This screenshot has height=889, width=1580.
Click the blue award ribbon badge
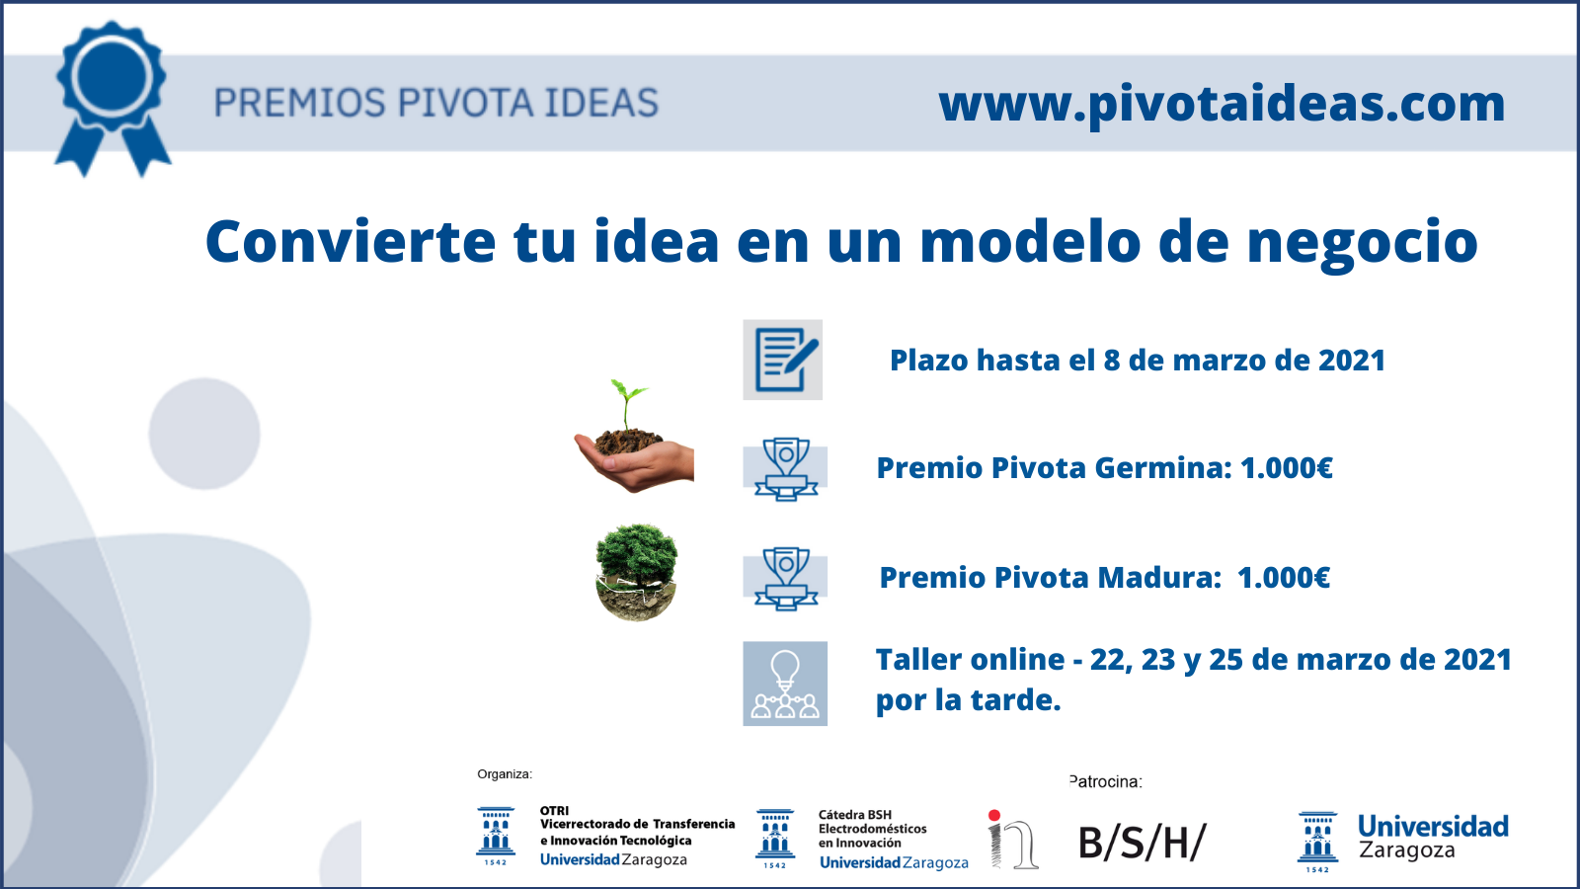point(113,98)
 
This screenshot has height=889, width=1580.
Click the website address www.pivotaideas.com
point(1222,105)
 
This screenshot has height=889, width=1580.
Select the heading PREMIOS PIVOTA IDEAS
point(435,103)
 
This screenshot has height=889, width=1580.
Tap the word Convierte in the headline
point(351,241)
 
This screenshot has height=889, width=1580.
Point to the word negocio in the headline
point(1362,245)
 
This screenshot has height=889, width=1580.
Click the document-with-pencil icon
point(783,360)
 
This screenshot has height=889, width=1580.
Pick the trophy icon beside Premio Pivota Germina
point(785,468)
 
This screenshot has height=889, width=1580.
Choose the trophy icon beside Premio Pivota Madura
point(785,578)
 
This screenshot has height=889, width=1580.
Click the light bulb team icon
point(785,684)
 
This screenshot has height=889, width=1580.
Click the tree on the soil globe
point(637,572)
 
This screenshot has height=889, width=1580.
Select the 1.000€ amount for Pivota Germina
point(1287,468)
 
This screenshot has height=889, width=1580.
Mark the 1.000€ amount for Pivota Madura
point(1284,578)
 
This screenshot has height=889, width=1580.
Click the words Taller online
point(970,660)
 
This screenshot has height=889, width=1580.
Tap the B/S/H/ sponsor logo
point(1143,843)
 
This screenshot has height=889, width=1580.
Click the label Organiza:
point(505,774)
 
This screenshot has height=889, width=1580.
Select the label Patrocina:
point(1105,781)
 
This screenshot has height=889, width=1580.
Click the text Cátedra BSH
point(855,815)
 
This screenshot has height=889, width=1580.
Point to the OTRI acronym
point(554,811)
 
